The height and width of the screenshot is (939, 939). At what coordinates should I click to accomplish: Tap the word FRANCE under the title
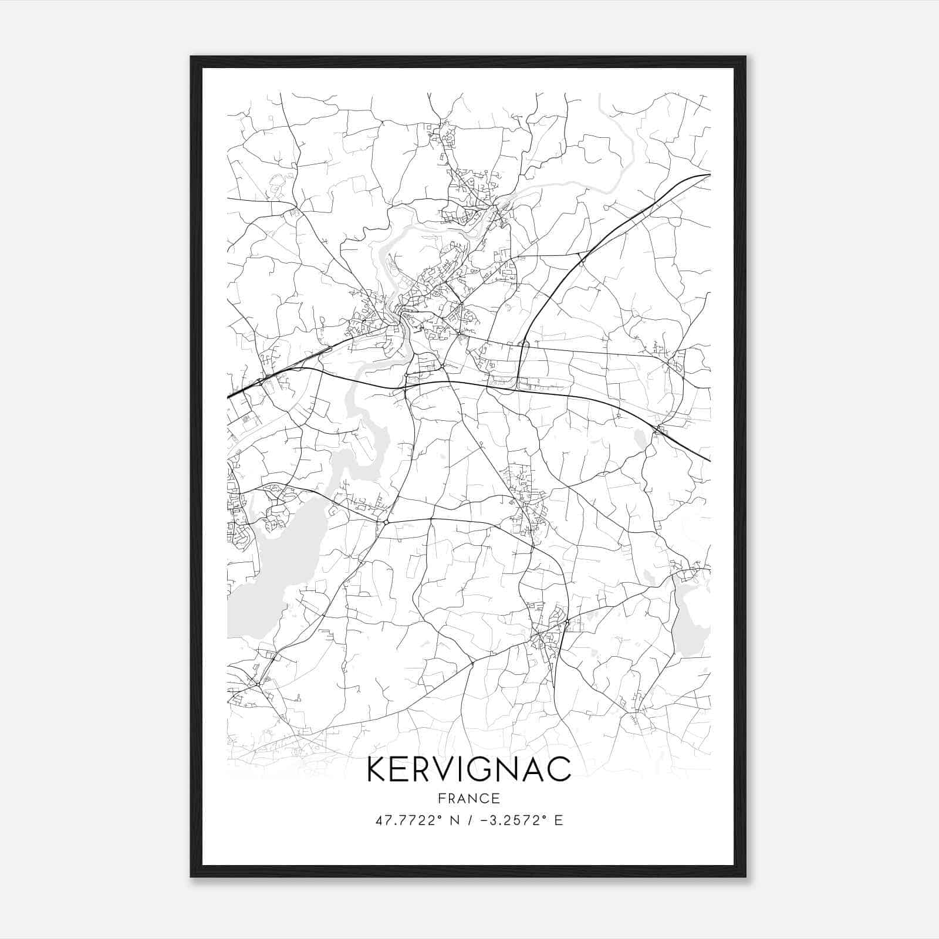pos(469,799)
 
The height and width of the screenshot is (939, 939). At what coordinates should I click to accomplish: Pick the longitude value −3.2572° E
pos(521,820)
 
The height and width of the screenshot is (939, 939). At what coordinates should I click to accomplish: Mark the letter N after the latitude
pos(454,820)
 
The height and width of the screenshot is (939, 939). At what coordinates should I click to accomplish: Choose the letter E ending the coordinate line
pos(559,820)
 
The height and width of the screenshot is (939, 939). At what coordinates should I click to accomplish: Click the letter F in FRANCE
pos(441,799)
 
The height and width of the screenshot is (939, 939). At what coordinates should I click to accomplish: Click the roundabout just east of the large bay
pos(386,522)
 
